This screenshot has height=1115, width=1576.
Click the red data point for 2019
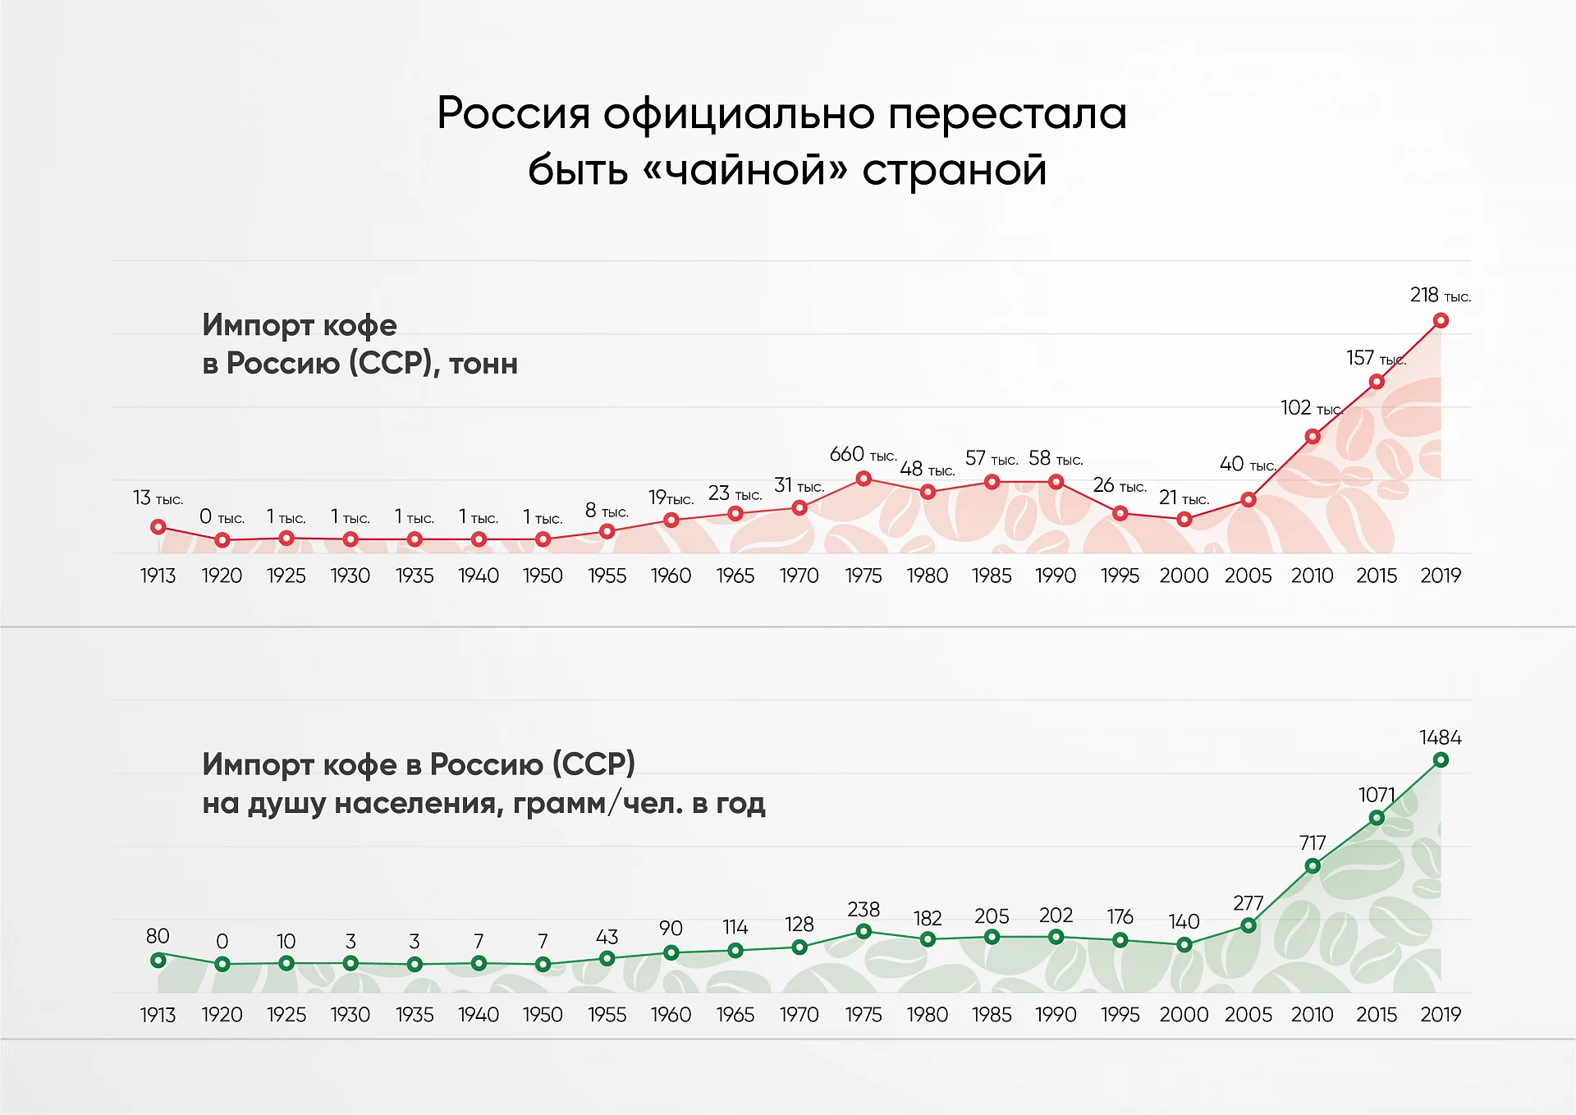[1441, 320]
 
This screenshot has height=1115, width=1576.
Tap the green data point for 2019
[1441, 760]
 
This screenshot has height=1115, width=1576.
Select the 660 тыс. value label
[863, 454]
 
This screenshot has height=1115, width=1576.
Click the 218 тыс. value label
[1441, 295]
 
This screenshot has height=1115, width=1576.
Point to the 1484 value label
[1441, 737]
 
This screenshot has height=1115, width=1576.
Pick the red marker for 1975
[864, 479]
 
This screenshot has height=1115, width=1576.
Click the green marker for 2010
[1313, 866]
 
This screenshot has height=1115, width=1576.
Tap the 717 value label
[1313, 842]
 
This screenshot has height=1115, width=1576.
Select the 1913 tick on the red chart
[158, 576]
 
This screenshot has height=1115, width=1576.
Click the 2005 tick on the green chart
[1248, 1015]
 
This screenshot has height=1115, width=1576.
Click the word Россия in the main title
[514, 113]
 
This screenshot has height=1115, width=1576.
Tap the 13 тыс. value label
[158, 498]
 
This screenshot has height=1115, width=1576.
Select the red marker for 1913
[158, 527]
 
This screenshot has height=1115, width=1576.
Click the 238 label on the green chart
[864, 909]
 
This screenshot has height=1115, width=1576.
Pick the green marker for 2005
[1248, 925]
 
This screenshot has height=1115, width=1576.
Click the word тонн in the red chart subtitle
[483, 364]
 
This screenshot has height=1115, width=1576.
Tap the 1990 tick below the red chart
[1056, 576]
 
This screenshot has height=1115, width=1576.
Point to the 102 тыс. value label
[1312, 408]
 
